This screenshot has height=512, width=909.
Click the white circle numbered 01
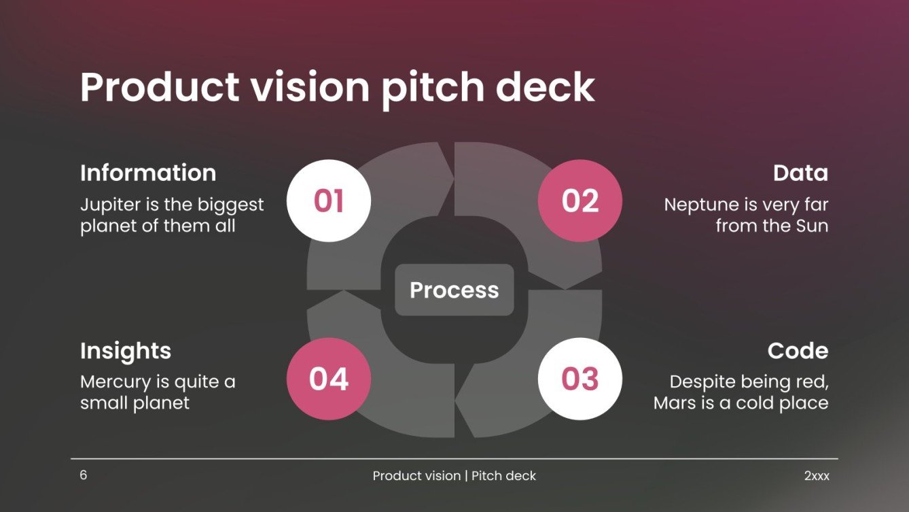coord(329,201)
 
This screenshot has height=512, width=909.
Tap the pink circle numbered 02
coord(580,201)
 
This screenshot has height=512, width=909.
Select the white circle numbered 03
coord(580,379)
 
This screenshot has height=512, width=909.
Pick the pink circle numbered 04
coord(329,379)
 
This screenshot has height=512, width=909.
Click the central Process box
coord(454,290)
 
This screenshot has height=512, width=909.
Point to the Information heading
coord(148,173)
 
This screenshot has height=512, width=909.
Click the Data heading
coord(800,173)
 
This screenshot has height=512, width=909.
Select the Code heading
coord(798,351)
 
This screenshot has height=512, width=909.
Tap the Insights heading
coord(126,351)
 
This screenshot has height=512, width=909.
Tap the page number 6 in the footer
coord(84,475)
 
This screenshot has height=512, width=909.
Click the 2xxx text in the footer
coord(817,476)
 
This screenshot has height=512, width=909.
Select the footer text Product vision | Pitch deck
coord(454,476)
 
